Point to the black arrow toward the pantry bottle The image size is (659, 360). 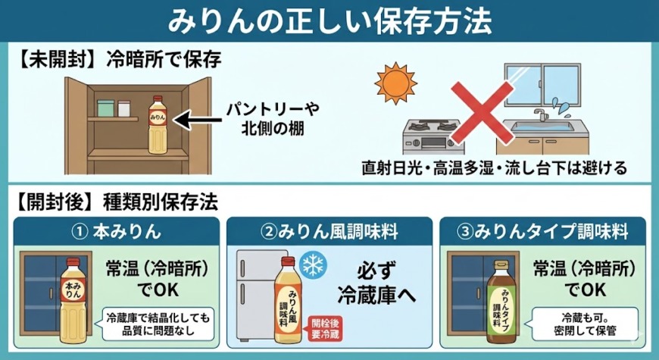point(201,118)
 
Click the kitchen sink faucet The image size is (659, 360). point(539,116)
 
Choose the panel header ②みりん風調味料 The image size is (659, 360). point(329,230)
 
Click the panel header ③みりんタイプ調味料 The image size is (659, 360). point(544,230)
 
